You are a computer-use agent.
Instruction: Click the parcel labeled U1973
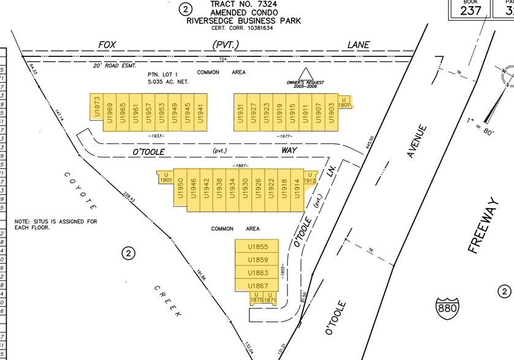(96, 112)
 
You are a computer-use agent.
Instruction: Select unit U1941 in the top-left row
(200, 112)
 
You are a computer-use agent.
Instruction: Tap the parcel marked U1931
(241, 112)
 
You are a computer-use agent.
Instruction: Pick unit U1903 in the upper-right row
(331, 112)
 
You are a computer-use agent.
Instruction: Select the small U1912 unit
(310, 178)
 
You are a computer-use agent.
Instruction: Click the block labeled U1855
(258, 247)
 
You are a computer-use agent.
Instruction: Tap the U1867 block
(258, 286)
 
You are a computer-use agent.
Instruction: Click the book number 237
(471, 9)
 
